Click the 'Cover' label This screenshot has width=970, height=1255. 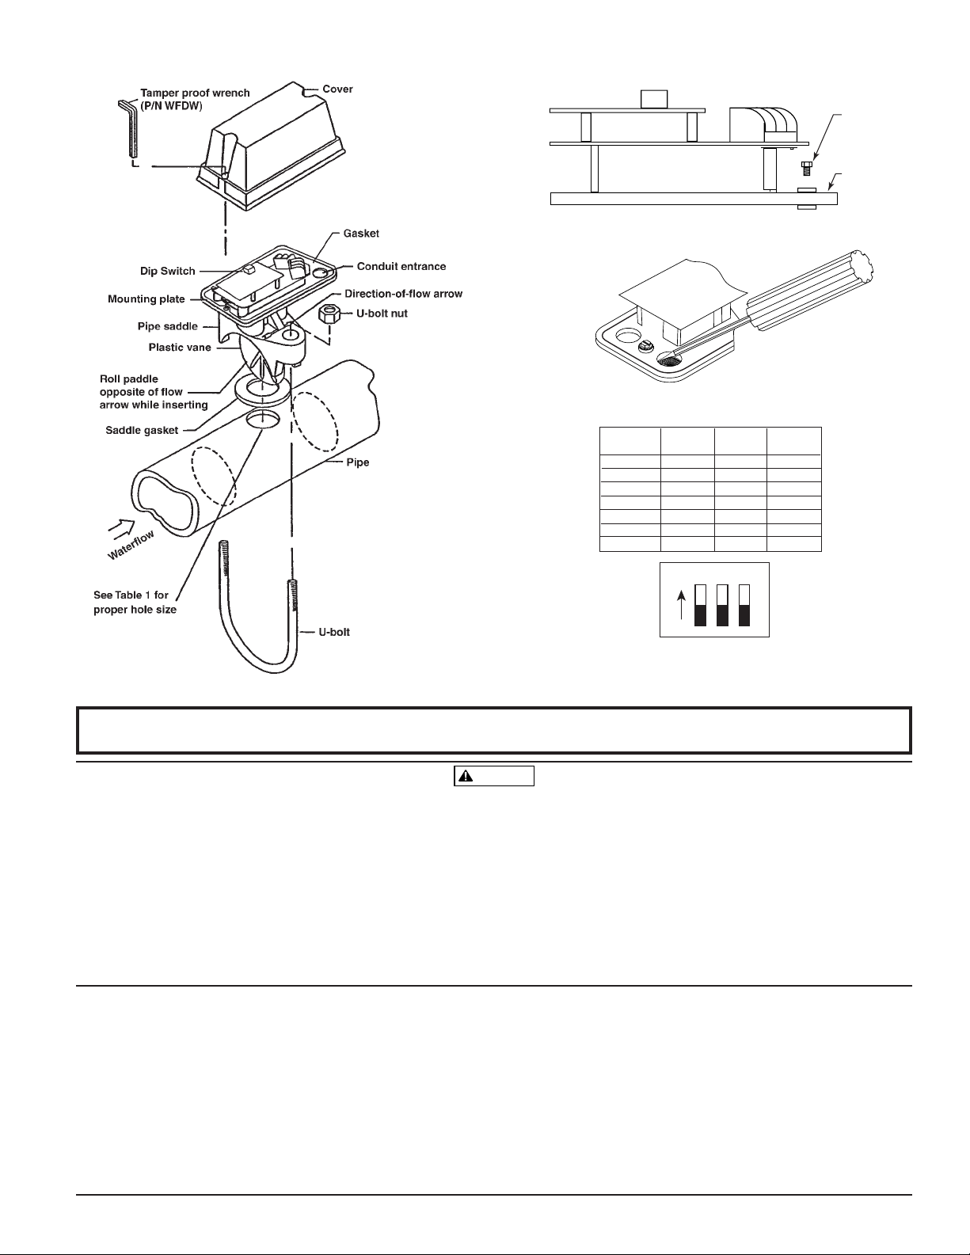click(337, 89)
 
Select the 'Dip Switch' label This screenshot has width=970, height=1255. click(167, 271)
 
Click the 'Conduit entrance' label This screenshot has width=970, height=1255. click(401, 266)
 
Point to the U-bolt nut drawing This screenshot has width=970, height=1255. click(329, 315)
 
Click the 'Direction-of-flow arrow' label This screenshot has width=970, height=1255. click(404, 294)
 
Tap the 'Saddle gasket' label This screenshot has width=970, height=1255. click(142, 430)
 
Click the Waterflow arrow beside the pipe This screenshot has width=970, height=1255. click(121, 526)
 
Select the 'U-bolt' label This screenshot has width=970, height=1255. click(334, 632)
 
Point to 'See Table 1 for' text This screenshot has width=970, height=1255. click(131, 595)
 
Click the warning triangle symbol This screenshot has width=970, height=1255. click(465, 776)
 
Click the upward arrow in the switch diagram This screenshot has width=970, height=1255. click(681, 604)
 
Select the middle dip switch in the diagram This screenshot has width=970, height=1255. click(721, 605)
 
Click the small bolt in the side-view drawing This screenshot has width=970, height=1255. click(807, 169)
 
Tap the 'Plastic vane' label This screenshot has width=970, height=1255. click(180, 347)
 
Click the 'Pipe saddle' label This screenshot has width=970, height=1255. click(167, 326)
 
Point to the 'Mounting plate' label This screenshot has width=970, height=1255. click(146, 299)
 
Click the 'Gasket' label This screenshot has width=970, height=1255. click(361, 234)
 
